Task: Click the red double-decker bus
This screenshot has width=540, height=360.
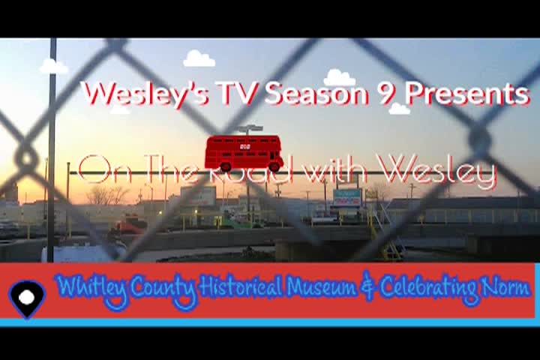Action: [x=244, y=153]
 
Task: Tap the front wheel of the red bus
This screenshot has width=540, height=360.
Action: [x=274, y=166]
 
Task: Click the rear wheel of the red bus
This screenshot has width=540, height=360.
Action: [x=226, y=167]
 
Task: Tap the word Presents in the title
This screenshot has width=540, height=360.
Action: [x=466, y=94]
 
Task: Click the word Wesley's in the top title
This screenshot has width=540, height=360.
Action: [x=147, y=94]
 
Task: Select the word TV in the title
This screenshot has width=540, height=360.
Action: [x=237, y=93]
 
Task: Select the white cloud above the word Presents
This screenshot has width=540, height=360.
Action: [x=400, y=109]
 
